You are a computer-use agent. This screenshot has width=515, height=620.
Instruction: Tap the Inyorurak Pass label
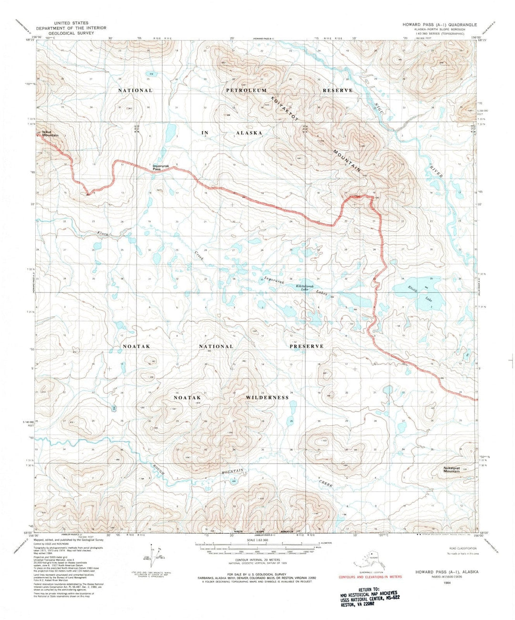tap(160, 167)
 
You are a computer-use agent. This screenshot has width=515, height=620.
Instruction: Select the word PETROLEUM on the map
tap(247, 90)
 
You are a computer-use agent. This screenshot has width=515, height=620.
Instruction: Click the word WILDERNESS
tap(268, 397)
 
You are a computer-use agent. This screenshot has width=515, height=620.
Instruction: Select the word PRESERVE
tap(307, 346)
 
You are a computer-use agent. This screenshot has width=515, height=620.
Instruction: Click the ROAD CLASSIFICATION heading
tap(459, 548)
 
